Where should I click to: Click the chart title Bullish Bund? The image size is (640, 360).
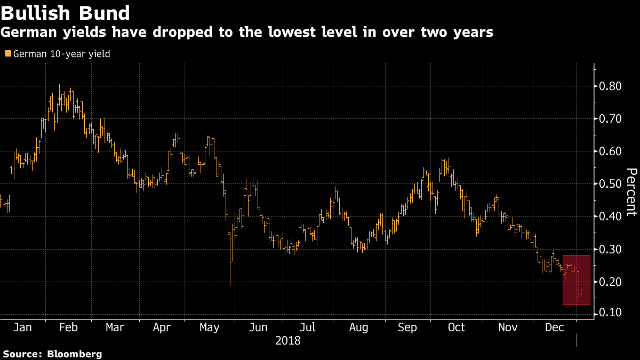click(65, 13)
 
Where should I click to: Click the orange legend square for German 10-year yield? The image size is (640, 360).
click(7, 54)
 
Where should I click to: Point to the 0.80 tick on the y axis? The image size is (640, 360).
click(609, 86)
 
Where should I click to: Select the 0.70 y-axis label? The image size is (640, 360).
click(609, 119)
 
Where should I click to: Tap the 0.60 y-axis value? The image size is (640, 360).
click(609, 151)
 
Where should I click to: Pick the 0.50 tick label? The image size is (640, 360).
click(609, 184)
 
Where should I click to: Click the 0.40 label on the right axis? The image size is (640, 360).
click(609, 217)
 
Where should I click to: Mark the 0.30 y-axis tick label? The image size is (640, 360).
click(609, 250)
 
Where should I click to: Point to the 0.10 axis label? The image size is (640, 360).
click(609, 313)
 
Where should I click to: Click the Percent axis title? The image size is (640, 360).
click(631, 192)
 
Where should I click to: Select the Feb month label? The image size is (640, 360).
click(69, 327)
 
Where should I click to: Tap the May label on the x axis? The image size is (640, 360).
click(210, 327)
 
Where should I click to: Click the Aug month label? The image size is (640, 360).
click(358, 327)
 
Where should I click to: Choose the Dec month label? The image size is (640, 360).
click(555, 327)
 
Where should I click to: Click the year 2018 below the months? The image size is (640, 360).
click(288, 340)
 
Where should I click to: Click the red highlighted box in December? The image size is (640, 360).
click(577, 280)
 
